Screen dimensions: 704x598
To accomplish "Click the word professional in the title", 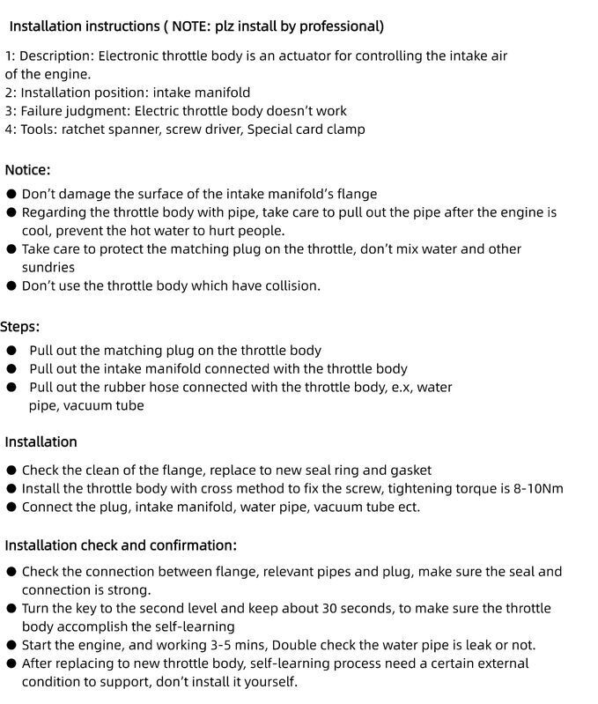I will pos(343,26).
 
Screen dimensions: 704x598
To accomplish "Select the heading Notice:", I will pos(27,170).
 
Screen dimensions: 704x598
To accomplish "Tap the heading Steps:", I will pos(20,327).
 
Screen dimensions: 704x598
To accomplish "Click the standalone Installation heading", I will pos(41,441).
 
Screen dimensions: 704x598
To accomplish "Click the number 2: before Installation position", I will pos(11,93).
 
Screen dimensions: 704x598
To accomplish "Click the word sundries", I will pos(48,267).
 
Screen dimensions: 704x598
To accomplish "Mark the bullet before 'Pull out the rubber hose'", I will pos(11,388).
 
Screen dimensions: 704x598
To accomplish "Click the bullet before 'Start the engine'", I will pos(11,645).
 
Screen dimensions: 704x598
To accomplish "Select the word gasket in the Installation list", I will pos(409,471).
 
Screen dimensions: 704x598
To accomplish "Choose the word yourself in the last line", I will pos(268,682).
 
